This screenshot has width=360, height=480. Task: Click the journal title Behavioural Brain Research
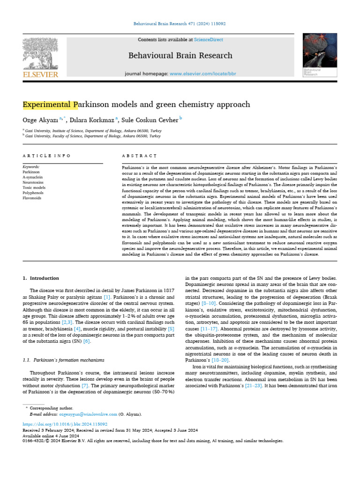tap(180, 56)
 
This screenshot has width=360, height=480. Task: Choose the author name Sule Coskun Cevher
tap(150, 120)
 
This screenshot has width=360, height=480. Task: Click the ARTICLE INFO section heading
tap(46, 156)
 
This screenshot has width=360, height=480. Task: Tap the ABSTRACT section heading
tap(139, 156)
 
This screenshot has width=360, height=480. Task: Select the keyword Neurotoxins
tap(33, 182)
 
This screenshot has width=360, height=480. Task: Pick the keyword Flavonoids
tap(32, 198)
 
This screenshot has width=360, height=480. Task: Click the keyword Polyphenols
tap(33, 193)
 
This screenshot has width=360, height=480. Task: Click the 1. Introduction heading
tap(41, 278)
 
